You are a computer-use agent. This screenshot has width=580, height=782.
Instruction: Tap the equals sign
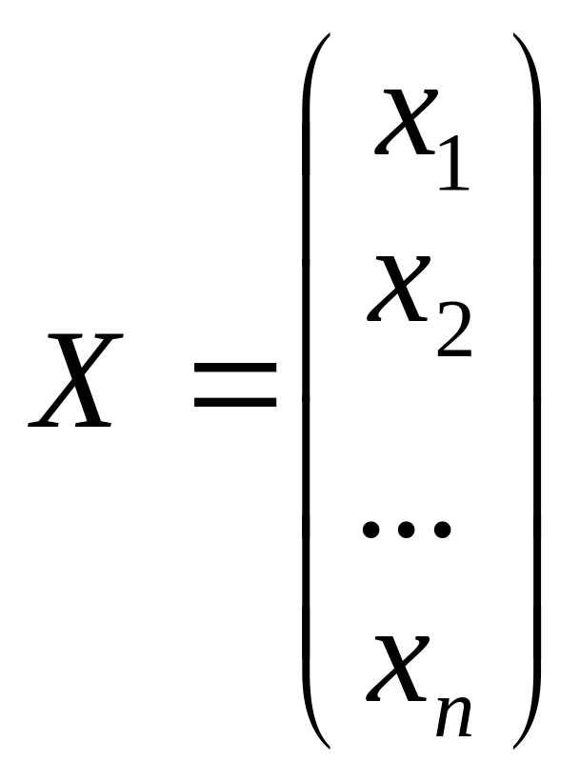[x=233, y=386]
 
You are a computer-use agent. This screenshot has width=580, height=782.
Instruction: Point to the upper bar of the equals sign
[x=233, y=367]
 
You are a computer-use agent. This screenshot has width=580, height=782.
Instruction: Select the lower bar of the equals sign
[x=233, y=403]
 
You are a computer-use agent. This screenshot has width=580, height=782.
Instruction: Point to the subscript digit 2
[x=453, y=331]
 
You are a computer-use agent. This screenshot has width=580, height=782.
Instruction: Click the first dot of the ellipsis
[x=371, y=530]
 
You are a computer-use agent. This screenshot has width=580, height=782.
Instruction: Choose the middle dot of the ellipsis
[x=406, y=530]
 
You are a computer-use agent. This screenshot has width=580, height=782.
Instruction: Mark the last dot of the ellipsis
[x=440, y=530]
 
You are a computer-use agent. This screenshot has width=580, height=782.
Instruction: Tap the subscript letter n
[x=453, y=714]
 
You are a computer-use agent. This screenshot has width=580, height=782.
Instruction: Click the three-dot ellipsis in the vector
[x=406, y=530]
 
